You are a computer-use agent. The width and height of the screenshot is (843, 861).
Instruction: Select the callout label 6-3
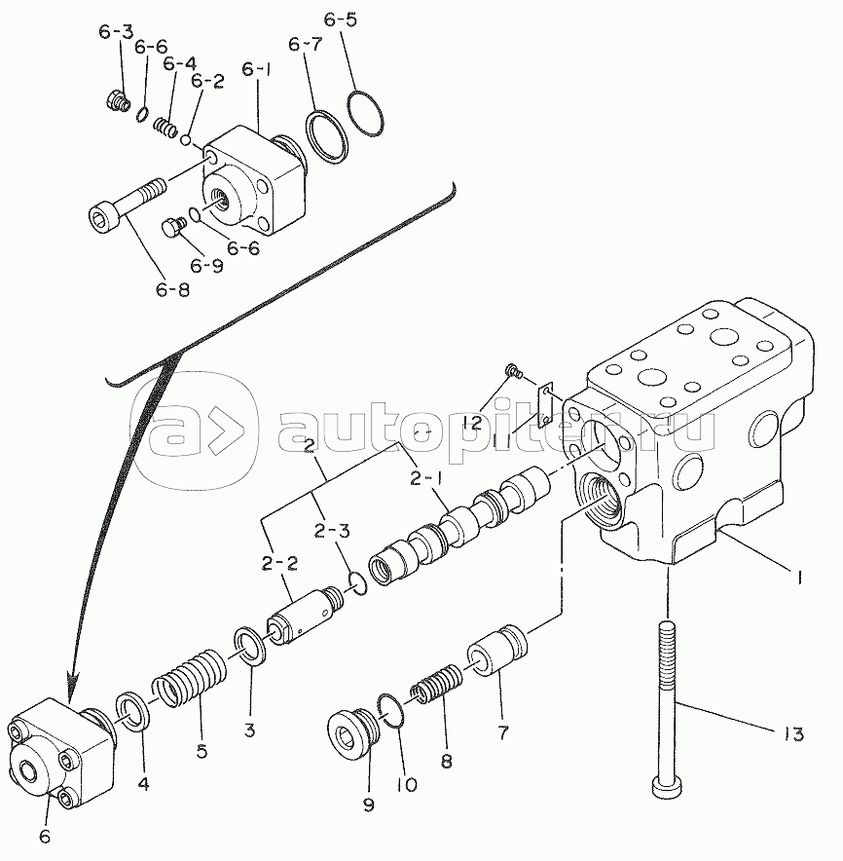pyautogui.click(x=116, y=32)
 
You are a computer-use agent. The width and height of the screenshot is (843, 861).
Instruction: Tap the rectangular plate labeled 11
pyautogui.click(x=547, y=402)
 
